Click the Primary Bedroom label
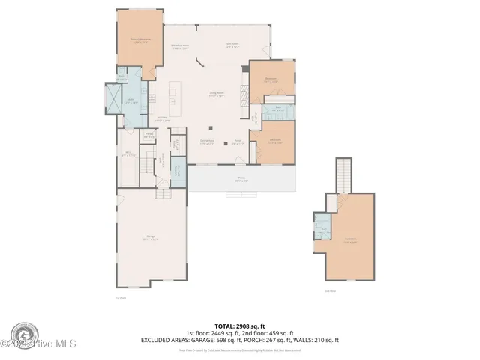click(135, 43)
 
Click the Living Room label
click(217, 94)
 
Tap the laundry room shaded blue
click(177, 170)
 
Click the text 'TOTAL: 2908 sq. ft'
click(239, 326)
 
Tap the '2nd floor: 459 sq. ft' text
click(267, 333)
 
